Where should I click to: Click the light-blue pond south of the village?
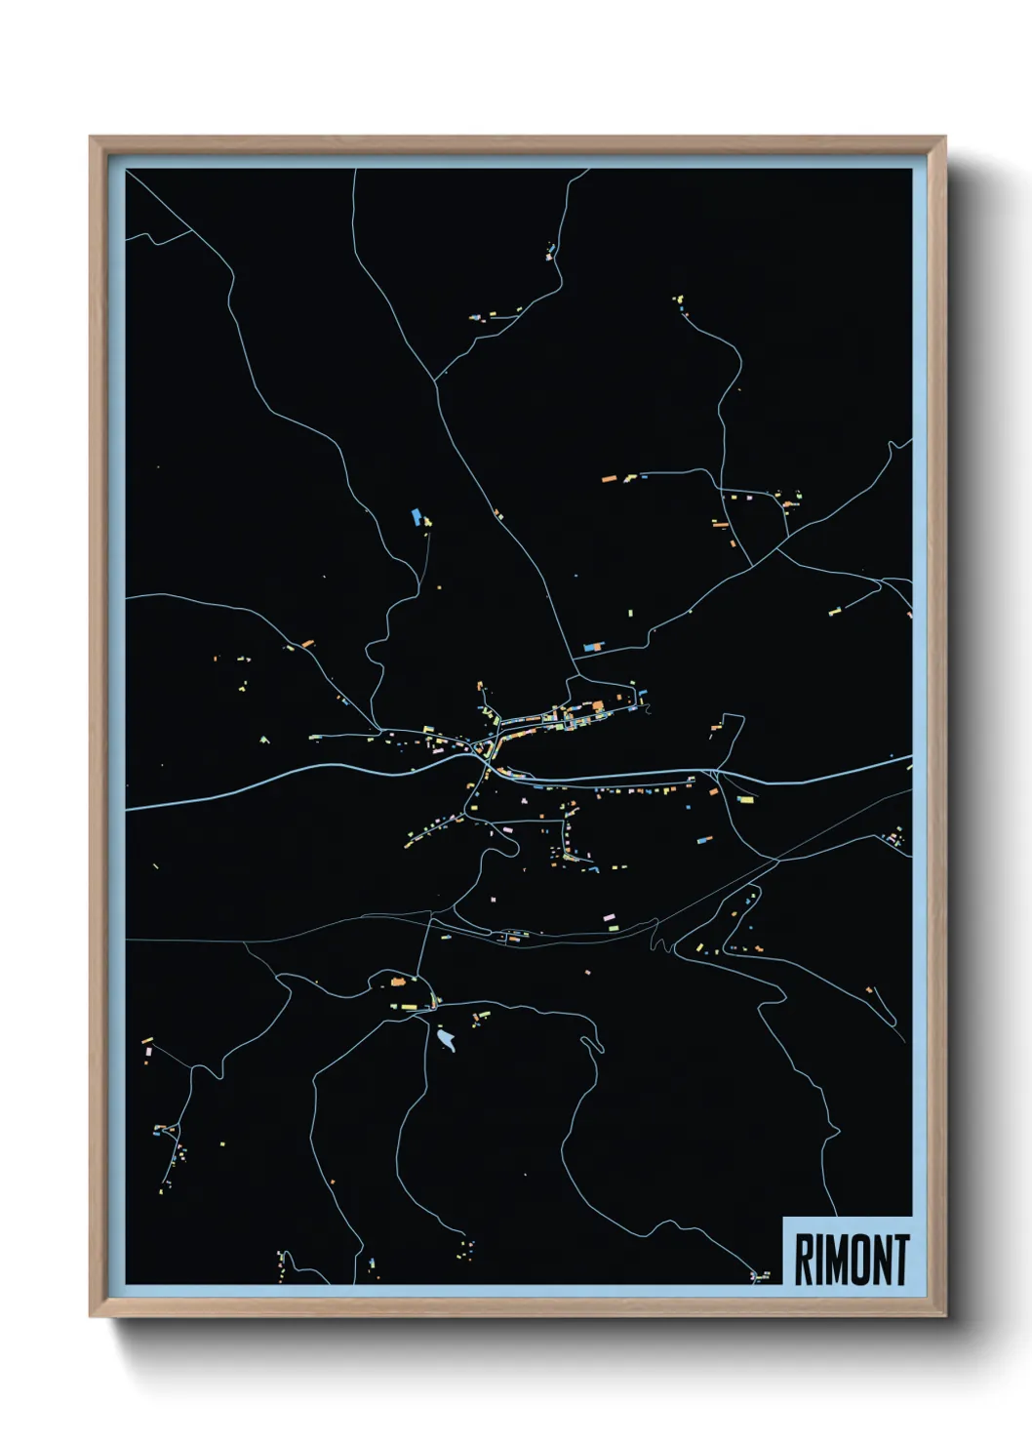tap(447, 1040)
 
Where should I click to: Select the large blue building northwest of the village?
tap(417, 516)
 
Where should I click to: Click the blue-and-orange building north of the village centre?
tap(592, 646)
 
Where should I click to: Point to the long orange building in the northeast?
tap(610, 479)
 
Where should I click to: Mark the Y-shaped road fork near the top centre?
tap(435, 378)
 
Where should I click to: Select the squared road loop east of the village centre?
tap(730, 730)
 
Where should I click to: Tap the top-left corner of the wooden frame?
tap(91, 137)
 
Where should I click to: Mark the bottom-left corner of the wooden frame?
tap(91, 1316)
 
